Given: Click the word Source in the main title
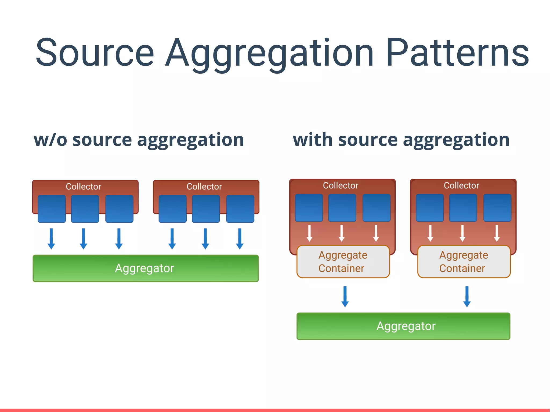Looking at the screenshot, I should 95,52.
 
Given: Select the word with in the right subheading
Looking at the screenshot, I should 313,140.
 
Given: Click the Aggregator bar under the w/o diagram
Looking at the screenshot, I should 146,268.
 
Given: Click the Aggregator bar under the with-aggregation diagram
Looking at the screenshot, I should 403,326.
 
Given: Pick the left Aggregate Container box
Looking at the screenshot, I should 343,261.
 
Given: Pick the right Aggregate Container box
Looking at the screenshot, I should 464,261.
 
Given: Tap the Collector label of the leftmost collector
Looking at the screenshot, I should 84,186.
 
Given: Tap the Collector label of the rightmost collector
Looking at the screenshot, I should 461,185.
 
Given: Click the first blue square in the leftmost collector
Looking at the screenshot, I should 52,209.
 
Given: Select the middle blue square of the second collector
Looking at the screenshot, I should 206,209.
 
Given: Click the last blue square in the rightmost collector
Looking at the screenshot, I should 497,207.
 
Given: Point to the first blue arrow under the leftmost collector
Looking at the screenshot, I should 51,239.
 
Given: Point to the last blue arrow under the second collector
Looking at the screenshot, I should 240,239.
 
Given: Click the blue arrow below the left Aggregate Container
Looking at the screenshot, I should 345,296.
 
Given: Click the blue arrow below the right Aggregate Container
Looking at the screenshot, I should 467,296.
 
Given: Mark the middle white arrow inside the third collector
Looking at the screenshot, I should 342,233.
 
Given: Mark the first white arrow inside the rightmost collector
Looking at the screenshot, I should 430,233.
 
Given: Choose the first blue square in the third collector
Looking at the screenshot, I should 309,207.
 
